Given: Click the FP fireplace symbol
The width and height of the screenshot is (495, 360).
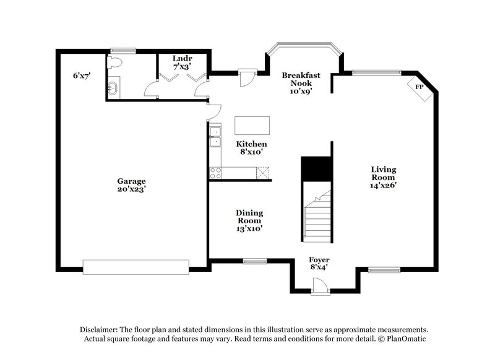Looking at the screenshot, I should pos(419,87).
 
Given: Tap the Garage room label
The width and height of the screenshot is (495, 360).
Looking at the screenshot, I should pos(132,181).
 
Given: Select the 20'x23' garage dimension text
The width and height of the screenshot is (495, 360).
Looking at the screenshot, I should pos(132,190).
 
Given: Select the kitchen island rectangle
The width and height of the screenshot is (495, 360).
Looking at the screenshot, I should pos(252,125).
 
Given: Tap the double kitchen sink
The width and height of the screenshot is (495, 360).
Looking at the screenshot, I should pos(215,137).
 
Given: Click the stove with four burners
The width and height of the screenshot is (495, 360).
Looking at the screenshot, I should pos(215,173).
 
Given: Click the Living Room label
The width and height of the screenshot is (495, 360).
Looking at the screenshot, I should pos(384,173).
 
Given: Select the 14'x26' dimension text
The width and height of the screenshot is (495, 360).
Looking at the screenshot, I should pos(384,185).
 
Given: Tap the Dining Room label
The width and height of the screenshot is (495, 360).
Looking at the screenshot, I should pos(249,216).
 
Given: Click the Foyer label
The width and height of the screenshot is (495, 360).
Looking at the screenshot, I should pos(319,259).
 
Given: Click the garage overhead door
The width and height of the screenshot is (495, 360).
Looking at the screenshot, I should pos(136,267).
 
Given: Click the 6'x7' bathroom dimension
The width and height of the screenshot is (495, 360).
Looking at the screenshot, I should pos(82,75).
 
